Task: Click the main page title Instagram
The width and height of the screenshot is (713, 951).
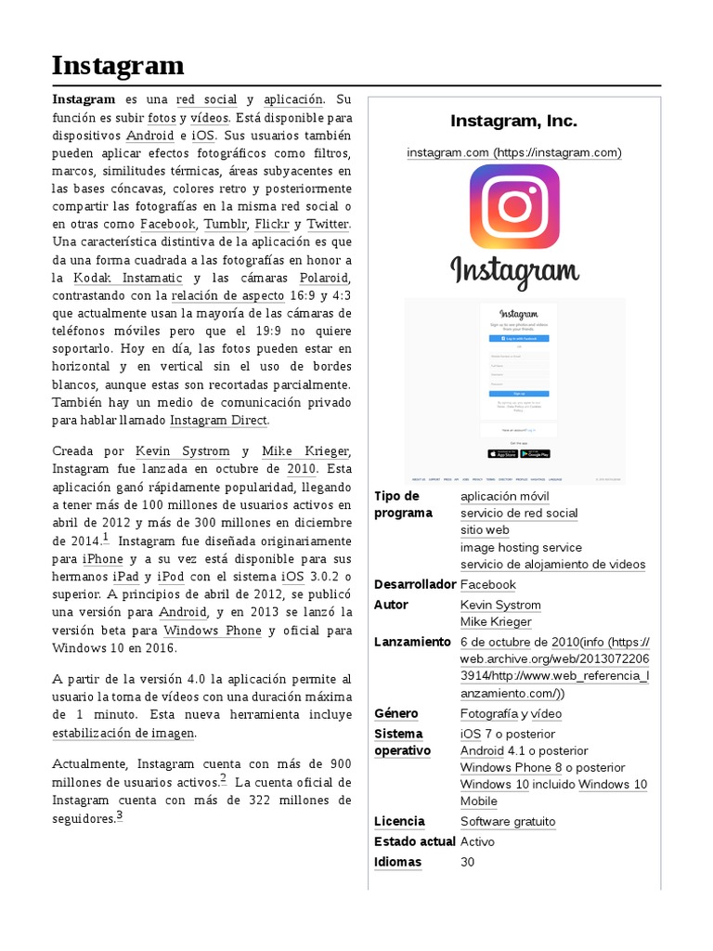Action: [117, 66]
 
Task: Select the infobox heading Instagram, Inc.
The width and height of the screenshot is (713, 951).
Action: [513, 121]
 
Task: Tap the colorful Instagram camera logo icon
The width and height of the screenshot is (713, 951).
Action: [514, 206]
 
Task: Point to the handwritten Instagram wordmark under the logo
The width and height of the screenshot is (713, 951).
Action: [514, 272]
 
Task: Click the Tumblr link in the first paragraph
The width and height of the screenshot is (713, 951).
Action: [225, 225]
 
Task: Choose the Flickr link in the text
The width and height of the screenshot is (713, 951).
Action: [272, 225]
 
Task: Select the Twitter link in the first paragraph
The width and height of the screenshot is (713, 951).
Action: [328, 225]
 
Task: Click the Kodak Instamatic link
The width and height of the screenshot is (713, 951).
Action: [127, 279]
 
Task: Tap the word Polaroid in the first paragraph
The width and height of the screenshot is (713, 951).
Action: [324, 279]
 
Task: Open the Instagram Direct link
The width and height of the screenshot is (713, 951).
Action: [218, 421]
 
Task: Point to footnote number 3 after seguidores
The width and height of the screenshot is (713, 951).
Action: [120, 816]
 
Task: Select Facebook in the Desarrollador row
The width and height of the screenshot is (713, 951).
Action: [487, 584]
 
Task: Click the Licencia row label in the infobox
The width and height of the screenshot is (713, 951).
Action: [399, 821]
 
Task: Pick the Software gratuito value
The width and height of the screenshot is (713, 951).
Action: [508, 821]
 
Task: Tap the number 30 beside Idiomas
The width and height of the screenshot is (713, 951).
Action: [468, 862]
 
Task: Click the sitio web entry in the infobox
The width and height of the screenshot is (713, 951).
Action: [485, 529]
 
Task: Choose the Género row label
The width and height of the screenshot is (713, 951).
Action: [396, 713]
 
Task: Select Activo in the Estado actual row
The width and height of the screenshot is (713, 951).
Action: [477, 841]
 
